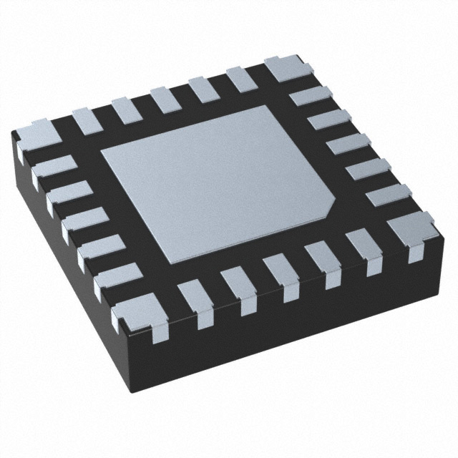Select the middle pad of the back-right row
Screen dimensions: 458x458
pyautogui.click(x=347, y=147)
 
